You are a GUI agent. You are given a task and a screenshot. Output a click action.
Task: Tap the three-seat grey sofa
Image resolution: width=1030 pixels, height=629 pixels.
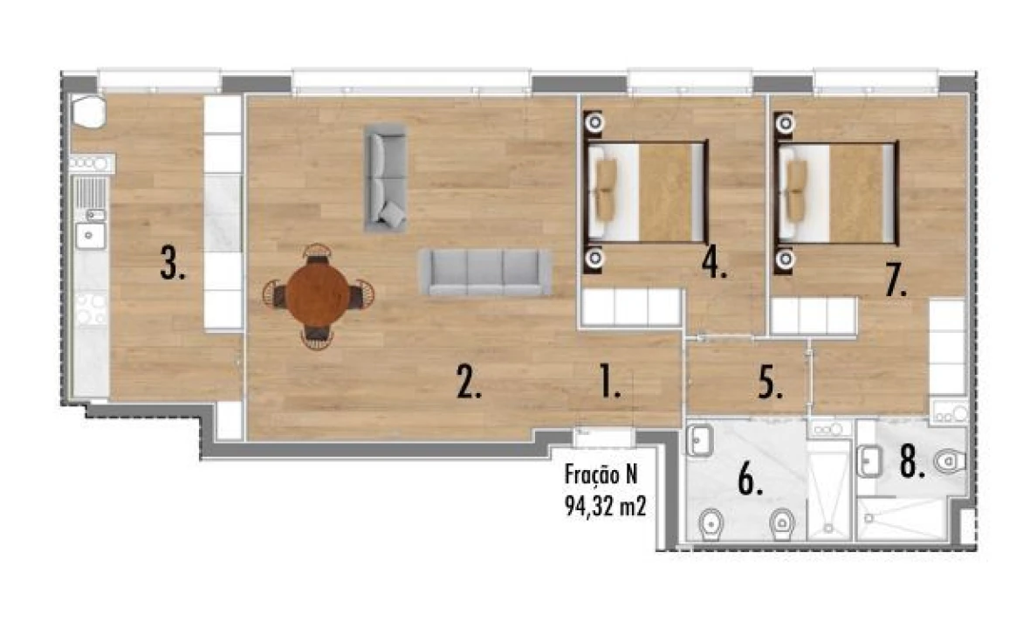point(485,272)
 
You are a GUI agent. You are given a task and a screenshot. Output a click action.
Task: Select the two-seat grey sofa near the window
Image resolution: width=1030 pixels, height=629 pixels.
point(385,177)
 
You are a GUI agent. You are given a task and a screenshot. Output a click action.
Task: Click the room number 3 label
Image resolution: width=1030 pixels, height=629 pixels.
point(173,263)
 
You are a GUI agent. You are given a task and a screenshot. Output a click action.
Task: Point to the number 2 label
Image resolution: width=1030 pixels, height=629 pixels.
point(469,382)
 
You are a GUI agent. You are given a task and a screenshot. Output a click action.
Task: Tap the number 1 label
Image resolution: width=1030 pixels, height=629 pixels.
point(609,382)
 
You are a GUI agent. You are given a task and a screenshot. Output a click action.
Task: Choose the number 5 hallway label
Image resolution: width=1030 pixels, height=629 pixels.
point(769,382)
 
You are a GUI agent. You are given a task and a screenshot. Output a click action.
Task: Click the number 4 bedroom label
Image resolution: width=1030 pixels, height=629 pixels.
point(716,263)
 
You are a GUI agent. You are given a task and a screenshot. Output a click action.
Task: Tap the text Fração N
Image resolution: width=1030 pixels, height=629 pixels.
point(603,476)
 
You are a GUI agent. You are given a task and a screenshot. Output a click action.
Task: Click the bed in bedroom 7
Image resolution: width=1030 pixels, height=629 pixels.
point(838,192)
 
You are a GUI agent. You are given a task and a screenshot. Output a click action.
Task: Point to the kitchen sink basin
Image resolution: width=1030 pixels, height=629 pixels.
point(90,234)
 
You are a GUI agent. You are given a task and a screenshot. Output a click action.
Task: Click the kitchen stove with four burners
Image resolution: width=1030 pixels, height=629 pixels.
point(91,308)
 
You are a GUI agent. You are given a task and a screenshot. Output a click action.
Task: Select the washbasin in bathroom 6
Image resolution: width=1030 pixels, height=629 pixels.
point(699,440)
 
